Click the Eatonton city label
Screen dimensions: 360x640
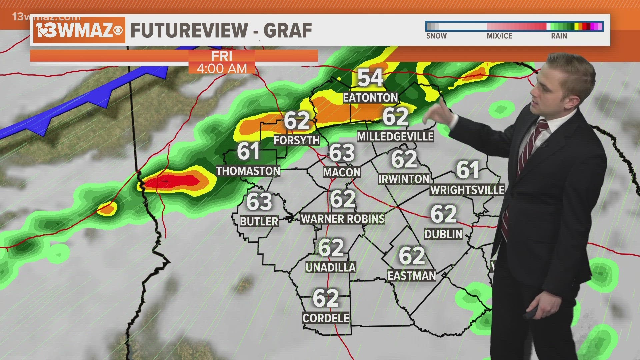coord(370,98)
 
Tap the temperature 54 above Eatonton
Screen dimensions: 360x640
coord(370,78)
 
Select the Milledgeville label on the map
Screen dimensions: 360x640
coord(395,136)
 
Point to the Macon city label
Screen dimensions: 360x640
coord(342,172)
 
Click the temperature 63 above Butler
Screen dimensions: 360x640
coord(259,202)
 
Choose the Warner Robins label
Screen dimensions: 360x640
coord(343,219)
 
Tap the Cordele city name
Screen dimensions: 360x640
coord(326,318)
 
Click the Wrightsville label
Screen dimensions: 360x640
coord(467,190)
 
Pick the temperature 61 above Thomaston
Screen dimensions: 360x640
coord(248,152)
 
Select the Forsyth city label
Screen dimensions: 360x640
coord(297,140)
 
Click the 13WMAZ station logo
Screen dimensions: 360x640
coord(79,30)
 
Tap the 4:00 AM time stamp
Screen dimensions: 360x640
coord(222,69)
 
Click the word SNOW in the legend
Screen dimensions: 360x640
coord(436,36)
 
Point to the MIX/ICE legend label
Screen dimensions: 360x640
coord(499,36)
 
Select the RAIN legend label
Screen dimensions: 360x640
coord(559,36)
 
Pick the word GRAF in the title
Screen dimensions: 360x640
coord(288,30)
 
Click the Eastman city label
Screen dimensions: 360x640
coord(412,276)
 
